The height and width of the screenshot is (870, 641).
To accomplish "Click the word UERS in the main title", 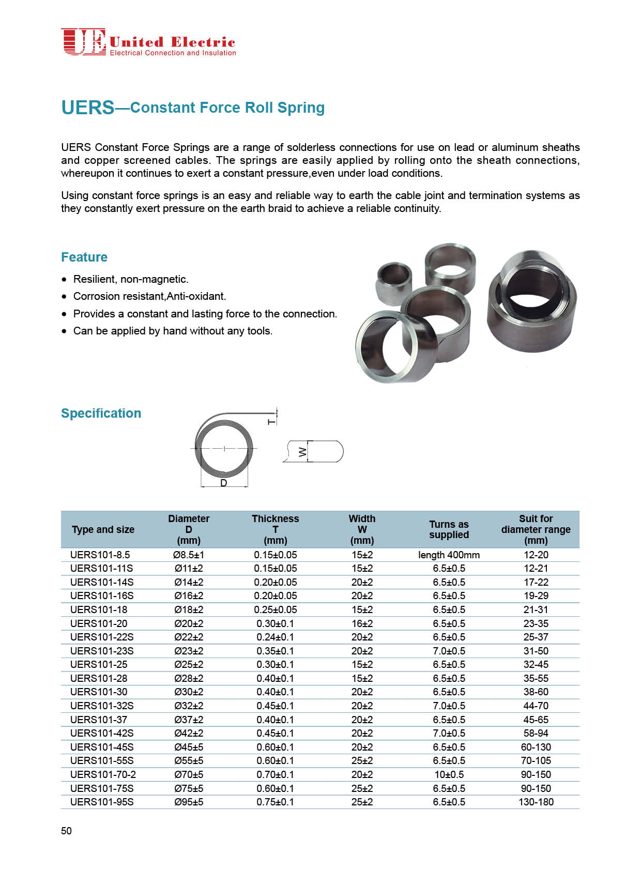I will (x=87, y=108).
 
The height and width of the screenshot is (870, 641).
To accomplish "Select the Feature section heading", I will (x=84, y=257).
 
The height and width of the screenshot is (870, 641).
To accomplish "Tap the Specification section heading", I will (x=101, y=413).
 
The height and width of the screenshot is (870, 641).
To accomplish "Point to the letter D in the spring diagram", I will (x=224, y=483).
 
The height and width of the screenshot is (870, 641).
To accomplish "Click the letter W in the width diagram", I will (x=303, y=452).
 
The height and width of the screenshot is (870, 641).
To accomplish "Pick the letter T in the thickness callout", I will (x=272, y=422).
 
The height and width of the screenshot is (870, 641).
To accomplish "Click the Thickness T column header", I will (x=275, y=529).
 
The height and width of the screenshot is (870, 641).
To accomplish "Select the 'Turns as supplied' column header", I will (x=449, y=529).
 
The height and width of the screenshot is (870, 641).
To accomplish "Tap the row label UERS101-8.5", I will (x=100, y=555).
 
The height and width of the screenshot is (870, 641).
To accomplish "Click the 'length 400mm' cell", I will (x=449, y=555).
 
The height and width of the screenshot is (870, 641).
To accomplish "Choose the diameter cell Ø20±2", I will (x=189, y=623).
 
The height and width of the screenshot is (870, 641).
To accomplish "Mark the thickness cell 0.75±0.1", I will (x=275, y=802).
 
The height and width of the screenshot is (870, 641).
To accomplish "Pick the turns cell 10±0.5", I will (x=449, y=774).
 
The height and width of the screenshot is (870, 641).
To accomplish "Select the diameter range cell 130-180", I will (x=536, y=802).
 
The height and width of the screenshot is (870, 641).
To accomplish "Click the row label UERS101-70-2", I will (x=103, y=774).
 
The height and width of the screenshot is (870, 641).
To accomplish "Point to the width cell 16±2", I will (x=362, y=623).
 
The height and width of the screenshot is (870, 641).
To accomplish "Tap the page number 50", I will (x=66, y=831).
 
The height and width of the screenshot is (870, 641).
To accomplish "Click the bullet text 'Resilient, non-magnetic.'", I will (x=131, y=279).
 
